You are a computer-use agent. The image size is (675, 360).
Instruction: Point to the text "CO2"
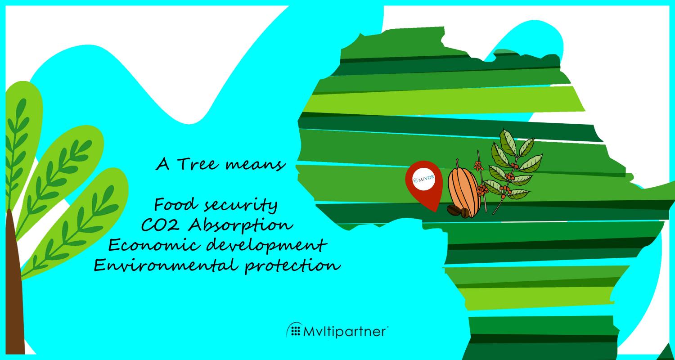coord(160,225)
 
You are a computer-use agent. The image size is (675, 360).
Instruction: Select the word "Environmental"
coord(165,265)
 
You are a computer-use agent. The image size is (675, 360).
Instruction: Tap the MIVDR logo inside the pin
coord(424,179)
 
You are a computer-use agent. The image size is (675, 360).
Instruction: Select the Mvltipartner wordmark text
coord(345,332)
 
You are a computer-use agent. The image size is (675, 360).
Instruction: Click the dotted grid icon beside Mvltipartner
coord(296,331)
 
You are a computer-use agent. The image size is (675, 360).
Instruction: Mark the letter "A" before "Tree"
coord(162,165)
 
